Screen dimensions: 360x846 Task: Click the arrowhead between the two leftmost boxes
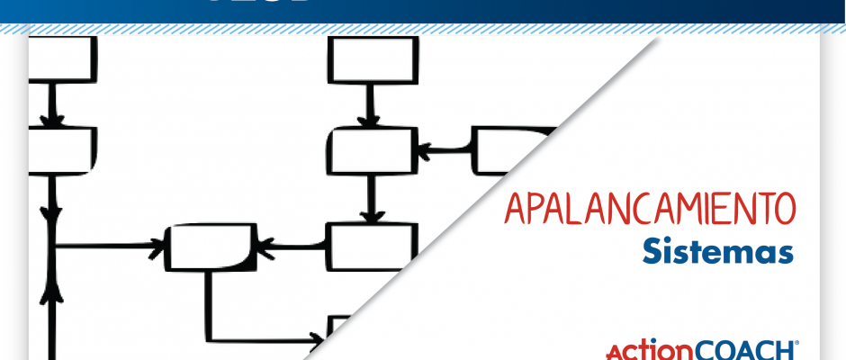point(55,118)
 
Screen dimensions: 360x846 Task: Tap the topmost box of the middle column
point(371,60)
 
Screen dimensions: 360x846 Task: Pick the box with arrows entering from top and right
point(371,150)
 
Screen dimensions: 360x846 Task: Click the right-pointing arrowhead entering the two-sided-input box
point(162,245)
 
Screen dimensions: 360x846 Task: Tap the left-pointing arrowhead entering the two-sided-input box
point(262,245)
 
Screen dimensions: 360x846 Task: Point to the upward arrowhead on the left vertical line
point(55,290)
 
